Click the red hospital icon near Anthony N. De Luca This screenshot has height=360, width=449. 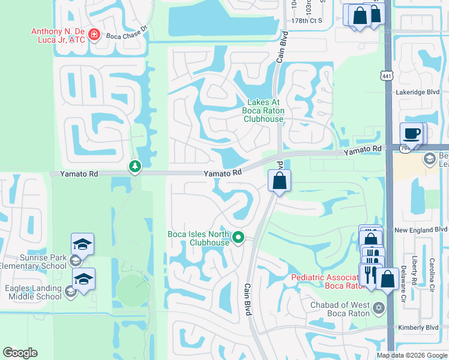tap(94, 35)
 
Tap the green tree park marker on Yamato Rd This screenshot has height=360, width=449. tap(135, 166)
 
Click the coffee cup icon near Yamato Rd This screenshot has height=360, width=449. tap(412, 133)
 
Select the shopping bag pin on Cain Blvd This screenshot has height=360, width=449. tap(279, 181)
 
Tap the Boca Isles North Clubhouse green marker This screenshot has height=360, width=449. tap(238, 238)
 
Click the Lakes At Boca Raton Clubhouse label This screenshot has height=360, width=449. tap(263, 110)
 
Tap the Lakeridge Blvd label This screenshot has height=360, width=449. tap(418, 92)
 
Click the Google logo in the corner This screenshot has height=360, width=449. tap(20, 353)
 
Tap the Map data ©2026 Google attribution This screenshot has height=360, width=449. tap(412, 355)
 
